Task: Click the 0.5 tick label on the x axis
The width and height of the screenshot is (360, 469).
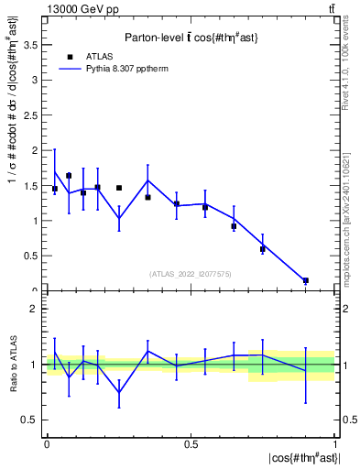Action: click(x=191, y=444)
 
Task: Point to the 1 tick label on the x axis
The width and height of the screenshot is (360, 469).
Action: click(x=336, y=444)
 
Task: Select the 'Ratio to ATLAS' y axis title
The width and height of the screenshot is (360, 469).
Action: click(x=16, y=365)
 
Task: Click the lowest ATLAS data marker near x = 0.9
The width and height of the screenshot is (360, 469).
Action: click(x=305, y=280)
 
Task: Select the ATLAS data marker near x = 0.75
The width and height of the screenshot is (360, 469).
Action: click(x=262, y=248)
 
